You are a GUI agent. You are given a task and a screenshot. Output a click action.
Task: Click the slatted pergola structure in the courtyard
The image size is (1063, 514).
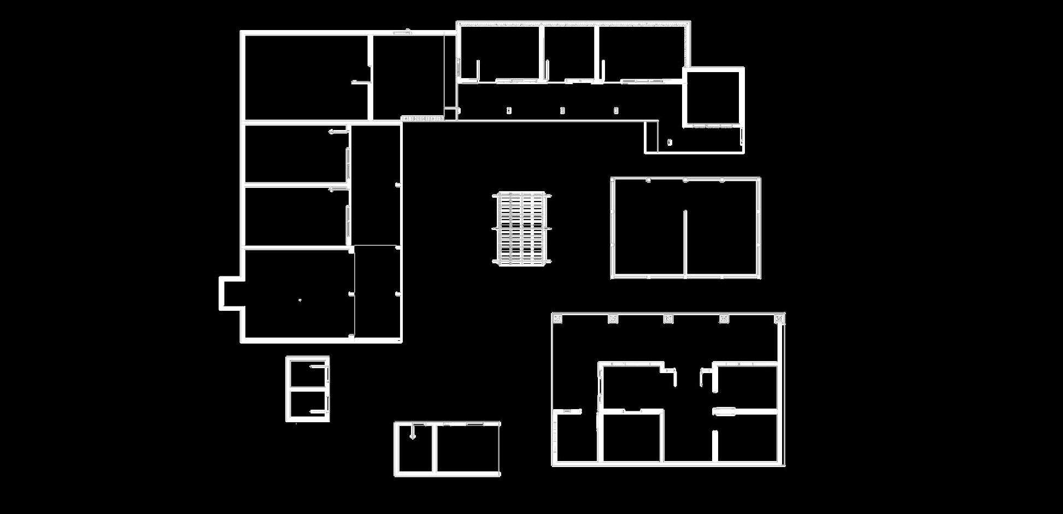522,228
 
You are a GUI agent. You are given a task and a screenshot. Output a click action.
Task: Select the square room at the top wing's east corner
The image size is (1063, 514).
713,97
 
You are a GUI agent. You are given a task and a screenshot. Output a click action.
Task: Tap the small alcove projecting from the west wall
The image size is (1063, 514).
230,293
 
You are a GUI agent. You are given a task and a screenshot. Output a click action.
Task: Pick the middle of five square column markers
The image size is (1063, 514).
668,319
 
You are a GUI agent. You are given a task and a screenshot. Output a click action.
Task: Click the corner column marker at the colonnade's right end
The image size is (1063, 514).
779,318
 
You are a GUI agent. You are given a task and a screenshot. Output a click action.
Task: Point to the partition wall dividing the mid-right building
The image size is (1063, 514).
685,243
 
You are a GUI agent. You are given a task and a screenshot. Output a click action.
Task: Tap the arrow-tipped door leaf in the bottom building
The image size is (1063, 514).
413,432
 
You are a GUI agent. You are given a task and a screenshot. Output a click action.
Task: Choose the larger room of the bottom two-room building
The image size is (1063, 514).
467,448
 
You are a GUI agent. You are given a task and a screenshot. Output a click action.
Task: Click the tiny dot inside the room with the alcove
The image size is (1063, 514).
299,300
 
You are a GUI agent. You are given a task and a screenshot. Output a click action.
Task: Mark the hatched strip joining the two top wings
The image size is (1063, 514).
422,118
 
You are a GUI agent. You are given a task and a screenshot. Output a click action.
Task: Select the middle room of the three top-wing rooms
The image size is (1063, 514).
569,53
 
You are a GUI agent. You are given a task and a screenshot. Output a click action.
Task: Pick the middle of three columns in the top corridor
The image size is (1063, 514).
562,111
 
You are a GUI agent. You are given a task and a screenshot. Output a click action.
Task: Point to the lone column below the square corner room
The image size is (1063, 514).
669,143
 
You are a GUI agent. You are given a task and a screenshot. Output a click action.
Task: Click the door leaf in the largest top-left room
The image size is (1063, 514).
360,82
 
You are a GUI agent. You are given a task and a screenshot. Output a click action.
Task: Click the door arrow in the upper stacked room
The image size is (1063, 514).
338,132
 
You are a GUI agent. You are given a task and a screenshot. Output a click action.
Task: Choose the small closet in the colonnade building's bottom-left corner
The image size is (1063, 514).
575,437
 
